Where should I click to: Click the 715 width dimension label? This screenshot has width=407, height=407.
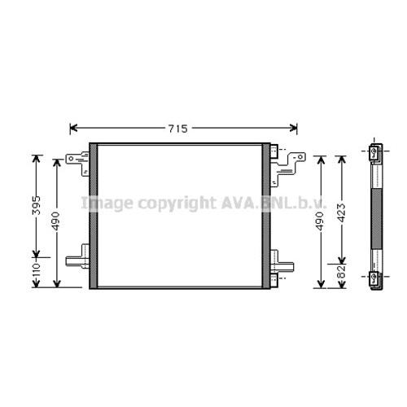pos(178,129)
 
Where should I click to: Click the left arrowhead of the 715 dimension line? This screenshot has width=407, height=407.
pos(73,129)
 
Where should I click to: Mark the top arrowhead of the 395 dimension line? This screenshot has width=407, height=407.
pos(36,158)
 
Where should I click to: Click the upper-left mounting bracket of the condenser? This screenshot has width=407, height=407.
pos(79,161)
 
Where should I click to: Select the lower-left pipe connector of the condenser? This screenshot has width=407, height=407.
pos(77,260)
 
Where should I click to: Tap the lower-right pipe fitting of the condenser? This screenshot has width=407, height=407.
pos(281,265)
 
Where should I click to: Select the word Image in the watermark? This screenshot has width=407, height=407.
pos(105,203)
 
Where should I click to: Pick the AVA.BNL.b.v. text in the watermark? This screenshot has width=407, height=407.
pos(274,203)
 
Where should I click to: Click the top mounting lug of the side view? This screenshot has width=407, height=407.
pos(374,153)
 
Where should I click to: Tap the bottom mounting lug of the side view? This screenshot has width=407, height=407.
pos(374,278)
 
